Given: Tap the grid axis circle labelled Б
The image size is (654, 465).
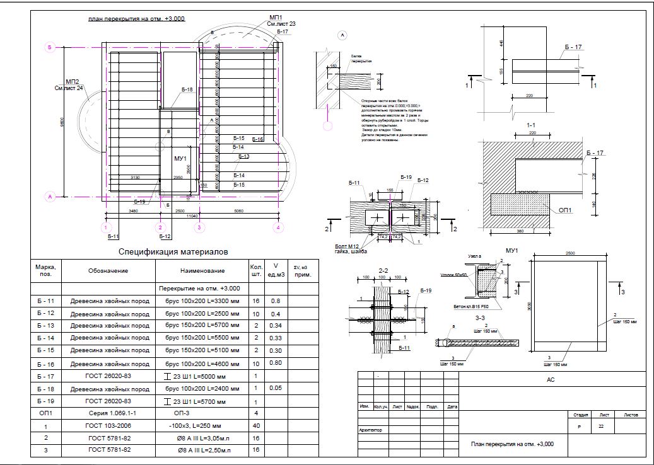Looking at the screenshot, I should coord(49,47).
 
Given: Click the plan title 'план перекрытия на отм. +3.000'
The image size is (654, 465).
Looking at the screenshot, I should coord(136,20).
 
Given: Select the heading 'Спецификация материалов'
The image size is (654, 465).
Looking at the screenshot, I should coord(173,251).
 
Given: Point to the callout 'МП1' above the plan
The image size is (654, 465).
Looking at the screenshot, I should coord(276,16).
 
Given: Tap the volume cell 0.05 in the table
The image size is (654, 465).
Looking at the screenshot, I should coord(276,388).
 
